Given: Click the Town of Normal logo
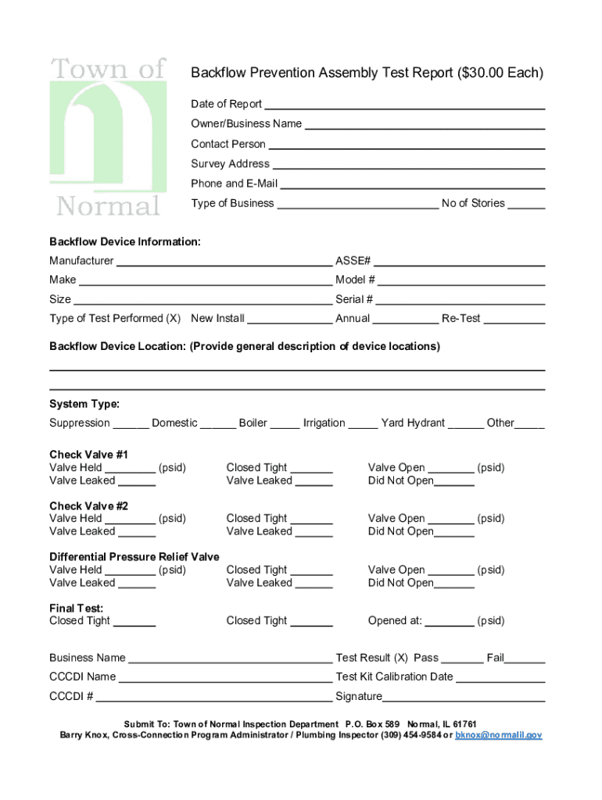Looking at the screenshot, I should [108, 137].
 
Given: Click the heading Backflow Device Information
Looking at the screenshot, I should [125, 242].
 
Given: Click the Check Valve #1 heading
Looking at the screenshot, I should [88, 455].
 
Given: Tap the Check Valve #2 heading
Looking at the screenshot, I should [88, 505].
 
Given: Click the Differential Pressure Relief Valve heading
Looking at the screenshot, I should [134, 557].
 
